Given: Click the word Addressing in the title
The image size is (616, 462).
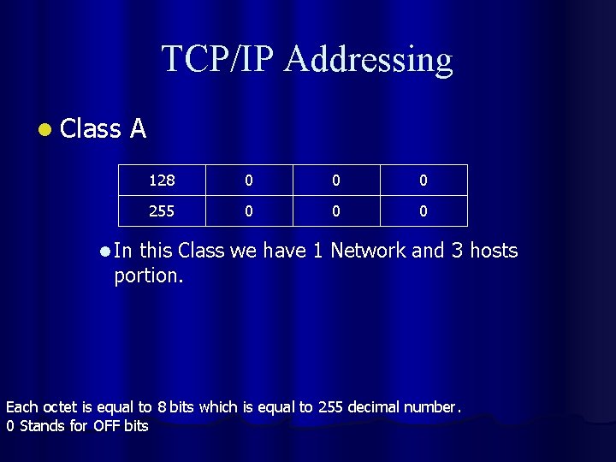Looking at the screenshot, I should point(369,60).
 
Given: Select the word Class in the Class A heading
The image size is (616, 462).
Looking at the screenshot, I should point(92,128).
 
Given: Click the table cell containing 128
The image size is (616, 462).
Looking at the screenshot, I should point(162,181).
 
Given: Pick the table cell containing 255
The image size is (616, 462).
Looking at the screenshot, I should point(162,210).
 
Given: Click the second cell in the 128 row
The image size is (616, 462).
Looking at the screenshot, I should point(248,181).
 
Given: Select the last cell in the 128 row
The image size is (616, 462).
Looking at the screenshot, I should point(423,181).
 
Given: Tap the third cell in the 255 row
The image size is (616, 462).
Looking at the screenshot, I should point(336,210).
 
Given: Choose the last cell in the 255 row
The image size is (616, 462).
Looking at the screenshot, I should point(423,210).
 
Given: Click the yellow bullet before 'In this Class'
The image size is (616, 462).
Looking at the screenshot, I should point(104,252).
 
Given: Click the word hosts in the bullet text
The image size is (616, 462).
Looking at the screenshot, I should point(489,251).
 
